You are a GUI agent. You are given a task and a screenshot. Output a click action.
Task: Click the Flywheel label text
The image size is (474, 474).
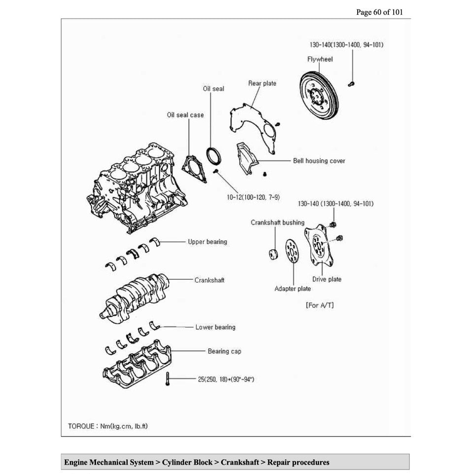(320, 59)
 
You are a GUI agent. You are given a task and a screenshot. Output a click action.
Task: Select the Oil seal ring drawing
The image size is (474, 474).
(213, 154)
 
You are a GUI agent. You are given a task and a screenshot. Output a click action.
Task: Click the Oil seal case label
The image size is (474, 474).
(185, 115)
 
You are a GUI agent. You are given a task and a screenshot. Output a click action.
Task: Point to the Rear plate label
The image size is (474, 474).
(262, 83)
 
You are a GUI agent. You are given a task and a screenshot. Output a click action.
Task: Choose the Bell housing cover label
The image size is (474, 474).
(319, 161)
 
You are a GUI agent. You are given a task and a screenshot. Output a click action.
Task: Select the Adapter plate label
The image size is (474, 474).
(293, 289)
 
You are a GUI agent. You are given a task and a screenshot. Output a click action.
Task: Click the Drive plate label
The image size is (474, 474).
(327, 279)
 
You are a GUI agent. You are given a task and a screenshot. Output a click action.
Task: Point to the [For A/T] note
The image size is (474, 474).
(320, 305)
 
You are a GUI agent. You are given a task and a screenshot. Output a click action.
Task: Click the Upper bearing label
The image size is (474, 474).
(207, 242)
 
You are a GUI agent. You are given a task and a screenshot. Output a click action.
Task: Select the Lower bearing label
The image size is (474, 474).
(215, 327)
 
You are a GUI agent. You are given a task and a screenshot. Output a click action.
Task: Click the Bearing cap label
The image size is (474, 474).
(224, 351)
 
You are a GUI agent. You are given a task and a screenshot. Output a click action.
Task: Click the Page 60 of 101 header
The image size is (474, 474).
(379, 12)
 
